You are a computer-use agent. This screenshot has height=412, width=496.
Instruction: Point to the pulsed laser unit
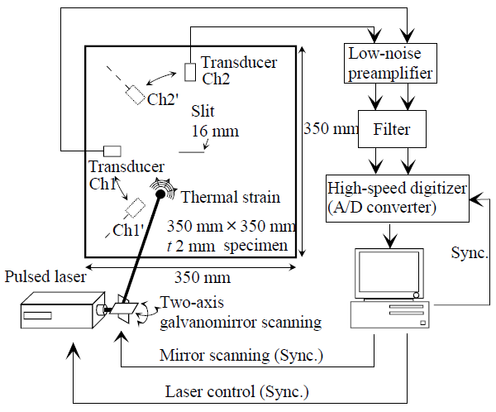point(56,312)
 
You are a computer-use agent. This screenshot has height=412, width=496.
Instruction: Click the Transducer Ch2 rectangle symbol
point(190,72)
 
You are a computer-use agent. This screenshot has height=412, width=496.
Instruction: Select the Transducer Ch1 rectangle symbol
point(112,151)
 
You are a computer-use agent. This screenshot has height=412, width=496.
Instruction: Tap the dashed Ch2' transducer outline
point(134,93)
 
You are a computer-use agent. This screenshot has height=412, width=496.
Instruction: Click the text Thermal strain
point(230,198)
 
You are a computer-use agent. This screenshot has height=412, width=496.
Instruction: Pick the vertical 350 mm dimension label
point(329,129)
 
